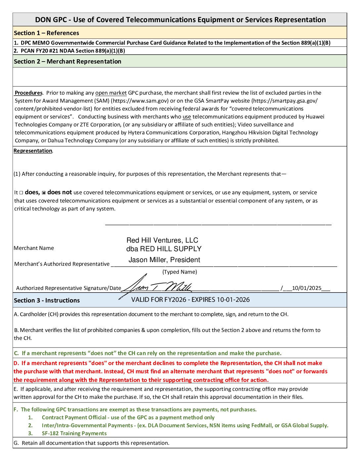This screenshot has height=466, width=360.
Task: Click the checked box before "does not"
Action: pos(44,193)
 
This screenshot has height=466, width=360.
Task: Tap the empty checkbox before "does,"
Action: pos(21,193)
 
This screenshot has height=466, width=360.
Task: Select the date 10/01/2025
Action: pos(306,288)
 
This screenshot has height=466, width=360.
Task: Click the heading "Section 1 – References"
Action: pos(46,33)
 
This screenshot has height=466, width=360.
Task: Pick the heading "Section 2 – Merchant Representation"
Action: pos(67,61)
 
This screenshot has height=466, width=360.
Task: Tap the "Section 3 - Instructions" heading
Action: pos(47,300)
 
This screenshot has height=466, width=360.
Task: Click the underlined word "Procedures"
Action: pos(29,93)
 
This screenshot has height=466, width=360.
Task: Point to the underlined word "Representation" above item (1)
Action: pos(33,151)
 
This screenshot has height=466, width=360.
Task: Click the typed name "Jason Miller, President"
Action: pos(164,260)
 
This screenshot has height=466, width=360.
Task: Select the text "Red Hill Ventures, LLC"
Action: pos(162,240)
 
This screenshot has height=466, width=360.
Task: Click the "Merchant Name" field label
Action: pos(34,248)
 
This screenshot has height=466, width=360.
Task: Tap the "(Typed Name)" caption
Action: pos(180,272)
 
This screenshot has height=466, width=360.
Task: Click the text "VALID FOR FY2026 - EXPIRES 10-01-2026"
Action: pos(190,300)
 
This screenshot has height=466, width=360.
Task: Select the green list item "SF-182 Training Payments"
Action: pos(74,433)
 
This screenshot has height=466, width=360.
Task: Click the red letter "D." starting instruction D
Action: pos(17,363)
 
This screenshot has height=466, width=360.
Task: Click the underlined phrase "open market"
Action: pos(111,93)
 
